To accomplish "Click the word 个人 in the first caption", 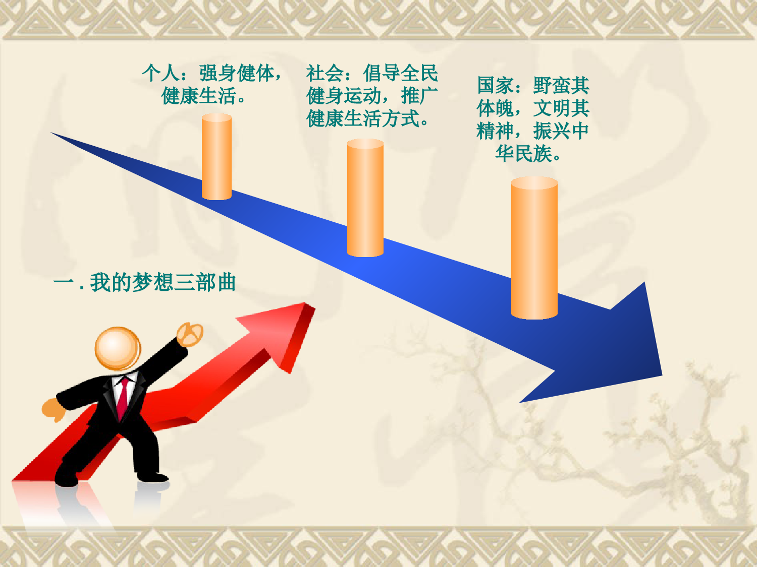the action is [x=160, y=73].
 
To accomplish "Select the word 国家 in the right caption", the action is [x=496, y=85].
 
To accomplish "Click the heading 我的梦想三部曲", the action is [x=163, y=282].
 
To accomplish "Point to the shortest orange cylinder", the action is [x=217, y=157].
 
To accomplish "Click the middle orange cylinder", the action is [x=365, y=198].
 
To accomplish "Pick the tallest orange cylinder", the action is [x=534, y=248].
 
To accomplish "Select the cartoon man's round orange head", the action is [x=118, y=348].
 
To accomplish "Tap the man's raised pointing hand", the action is [x=190, y=334].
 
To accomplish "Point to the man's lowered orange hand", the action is [x=53, y=410].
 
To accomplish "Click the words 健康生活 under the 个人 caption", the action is [x=199, y=96].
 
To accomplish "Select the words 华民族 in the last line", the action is [x=524, y=154].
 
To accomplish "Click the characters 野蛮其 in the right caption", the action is [x=562, y=85].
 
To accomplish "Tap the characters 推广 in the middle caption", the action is [x=419, y=96].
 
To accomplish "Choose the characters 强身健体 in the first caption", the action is [x=237, y=73].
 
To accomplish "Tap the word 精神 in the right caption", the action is [x=496, y=131].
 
